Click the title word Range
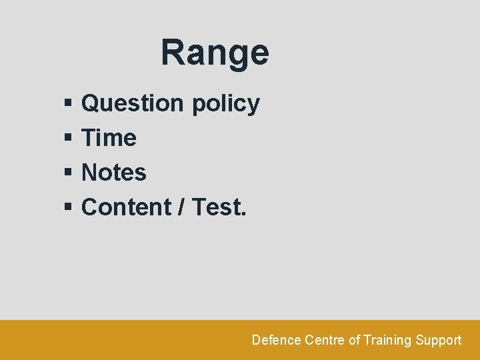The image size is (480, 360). coord(215,53)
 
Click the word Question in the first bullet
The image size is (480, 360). coord(132,103)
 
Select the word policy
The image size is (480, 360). coord(225,104)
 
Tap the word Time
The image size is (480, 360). coord(109,138)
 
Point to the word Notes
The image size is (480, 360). coord(114,173)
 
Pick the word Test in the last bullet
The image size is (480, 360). coord(216,207)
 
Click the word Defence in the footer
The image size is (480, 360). coord(276,340)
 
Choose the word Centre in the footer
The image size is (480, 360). coord(325,340)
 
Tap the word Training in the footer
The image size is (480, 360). coord(388,341)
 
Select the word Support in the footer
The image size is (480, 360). coord(439,341)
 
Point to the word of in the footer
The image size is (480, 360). coord(354,340)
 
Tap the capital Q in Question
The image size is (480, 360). coord(91,103)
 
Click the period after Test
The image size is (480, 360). coord(243,214)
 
